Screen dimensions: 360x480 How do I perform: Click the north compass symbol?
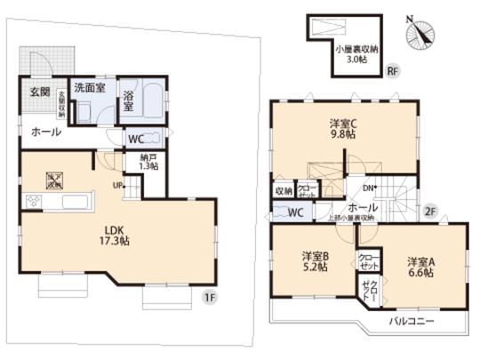(x=420, y=34)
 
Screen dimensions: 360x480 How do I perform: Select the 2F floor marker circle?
(x=429, y=211)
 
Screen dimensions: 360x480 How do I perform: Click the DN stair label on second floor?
(x=369, y=187)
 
